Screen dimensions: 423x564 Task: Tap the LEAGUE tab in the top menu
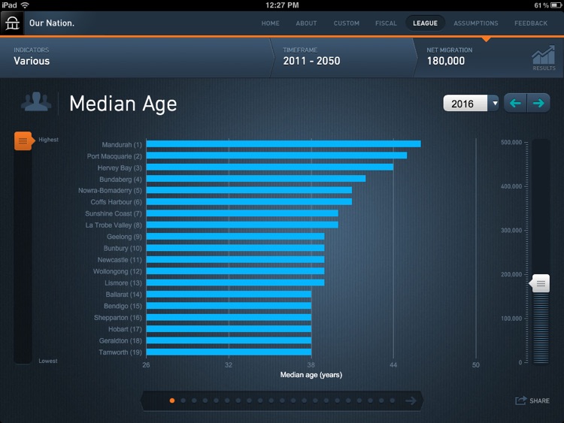click(425, 23)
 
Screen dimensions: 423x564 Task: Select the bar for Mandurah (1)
click(283, 144)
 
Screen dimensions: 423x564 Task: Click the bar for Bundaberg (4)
click(256, 179)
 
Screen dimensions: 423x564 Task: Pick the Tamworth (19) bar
click(229, 352)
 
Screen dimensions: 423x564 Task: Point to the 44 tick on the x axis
click(393, 365)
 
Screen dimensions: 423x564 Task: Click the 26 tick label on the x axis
click(146, 365)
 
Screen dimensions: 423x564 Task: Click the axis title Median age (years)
click(311, 375)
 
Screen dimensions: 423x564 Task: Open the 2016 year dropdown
click(471, 103)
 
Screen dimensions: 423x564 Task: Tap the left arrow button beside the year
click(515, 103)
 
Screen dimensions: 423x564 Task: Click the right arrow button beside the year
click(538, 103)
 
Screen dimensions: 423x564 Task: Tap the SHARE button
click(532, 400)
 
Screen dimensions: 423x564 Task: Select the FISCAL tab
click(386, 23)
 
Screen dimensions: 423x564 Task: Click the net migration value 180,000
click(445, 61)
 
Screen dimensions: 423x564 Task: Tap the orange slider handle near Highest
click(23, 140)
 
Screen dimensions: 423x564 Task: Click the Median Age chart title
click(123, 104)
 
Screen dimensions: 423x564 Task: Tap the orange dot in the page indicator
click(171, 400)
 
